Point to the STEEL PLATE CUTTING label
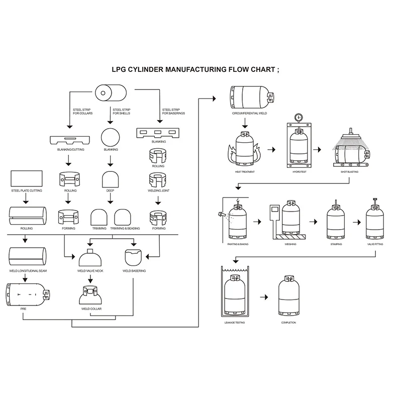pos(27,191)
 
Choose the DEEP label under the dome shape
pos(110,191)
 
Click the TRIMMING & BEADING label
pos(125,229)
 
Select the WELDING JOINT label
pos(159,191)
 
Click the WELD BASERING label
pos(134,271)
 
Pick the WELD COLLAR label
pos(91,309)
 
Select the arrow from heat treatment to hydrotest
pos(271,149)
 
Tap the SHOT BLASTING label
pos(349,172)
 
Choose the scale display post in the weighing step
pos(274,221)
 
